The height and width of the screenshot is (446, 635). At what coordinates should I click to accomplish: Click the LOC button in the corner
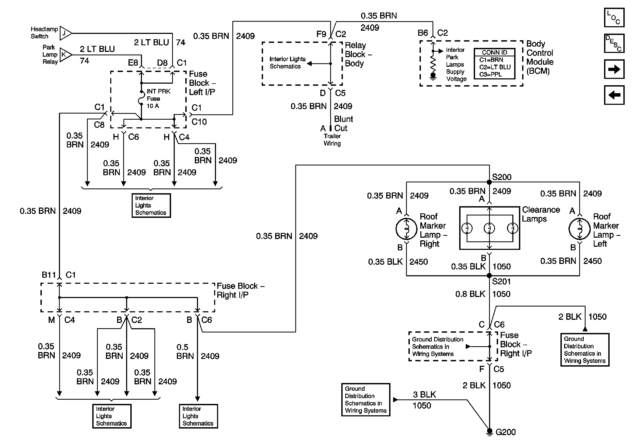pyautogui.click(x=614, y=17)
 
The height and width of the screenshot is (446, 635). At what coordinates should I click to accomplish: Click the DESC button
pyautogui.click(x=614, y=43)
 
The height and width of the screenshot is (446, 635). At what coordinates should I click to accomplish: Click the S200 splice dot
pyautogui.click(x=489, y=182)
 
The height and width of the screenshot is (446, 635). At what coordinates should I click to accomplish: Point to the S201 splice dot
pyautogui.click(x=489, y=276)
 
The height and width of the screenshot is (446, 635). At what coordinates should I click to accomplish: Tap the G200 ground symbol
pyautogui.click(x=490, y=432)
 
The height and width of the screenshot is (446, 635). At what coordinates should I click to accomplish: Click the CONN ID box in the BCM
pyautogui.click(x=495, y=64)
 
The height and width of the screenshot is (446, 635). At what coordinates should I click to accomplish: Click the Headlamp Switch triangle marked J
pyautogui.click(x=65, y=34)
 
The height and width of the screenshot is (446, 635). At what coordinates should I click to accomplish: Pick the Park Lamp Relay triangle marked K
pyautogui.click(x=65, y=55)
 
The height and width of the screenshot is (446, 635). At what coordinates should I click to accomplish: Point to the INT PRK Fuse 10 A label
pyautogui.click(x=158, y=98)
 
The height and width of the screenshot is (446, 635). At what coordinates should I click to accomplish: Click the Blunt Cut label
pyautogui.click(x=343, y=123)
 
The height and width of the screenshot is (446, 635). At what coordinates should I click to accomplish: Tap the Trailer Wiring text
pyautogui.click(x=332, y=140)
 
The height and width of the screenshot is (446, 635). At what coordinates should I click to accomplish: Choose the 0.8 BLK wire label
pyautogui.click(x=470, y=294)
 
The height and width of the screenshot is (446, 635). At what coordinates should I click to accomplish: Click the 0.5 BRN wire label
pyautogui.click(x=185, y=352)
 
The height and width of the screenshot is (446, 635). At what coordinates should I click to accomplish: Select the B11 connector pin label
pyautogui.click(x=49, y=275)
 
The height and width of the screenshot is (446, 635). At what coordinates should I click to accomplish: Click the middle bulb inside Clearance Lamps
pyautogui.click(x=489, y=228)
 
